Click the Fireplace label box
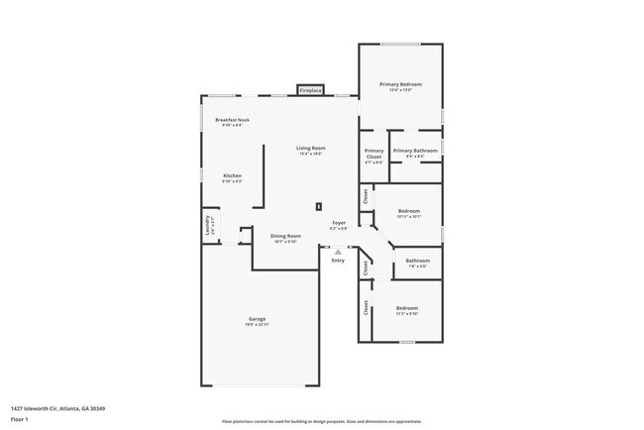pyautogui.click(x=311, y=91)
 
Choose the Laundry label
pyautogui.click(x=209, y=227)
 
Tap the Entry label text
pyautogui.click(x=338, y=261)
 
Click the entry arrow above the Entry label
pyautogui.click(x=338, y=252)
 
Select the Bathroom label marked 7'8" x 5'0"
pyautogui.click(x=416, y=264)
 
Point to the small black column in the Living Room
pyautogui.click(x=318, y=206)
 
